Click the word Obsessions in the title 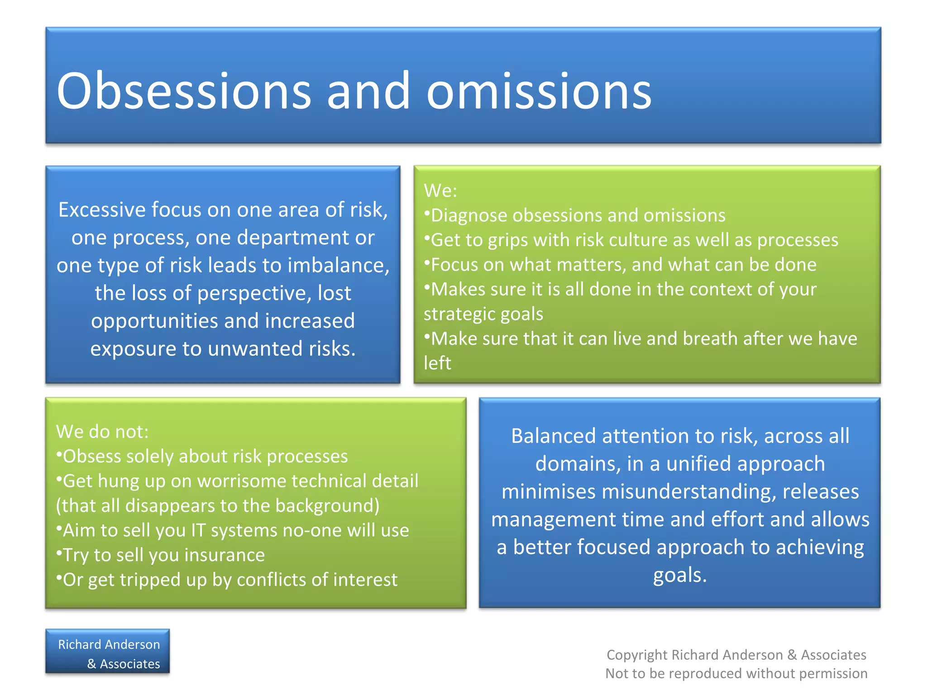coord(183,91)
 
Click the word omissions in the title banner coord(539,91)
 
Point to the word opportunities coord(154,321)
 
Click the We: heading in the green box coord(440,190)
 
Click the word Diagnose coord(468,216)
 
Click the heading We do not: coord(102,432)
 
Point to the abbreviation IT coord(198,530)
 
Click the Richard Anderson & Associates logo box coord(108,652)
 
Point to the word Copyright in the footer coord(637,655)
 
